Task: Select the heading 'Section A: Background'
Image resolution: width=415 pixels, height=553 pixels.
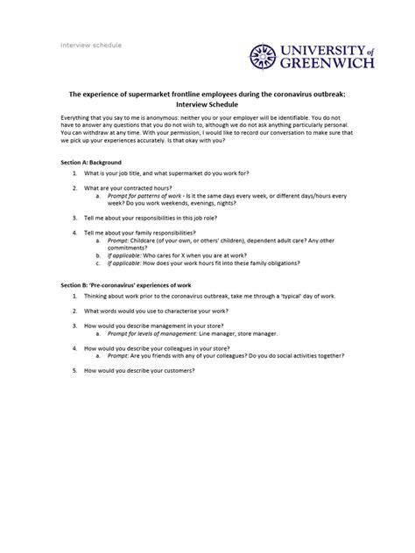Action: [x=90, y=163]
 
